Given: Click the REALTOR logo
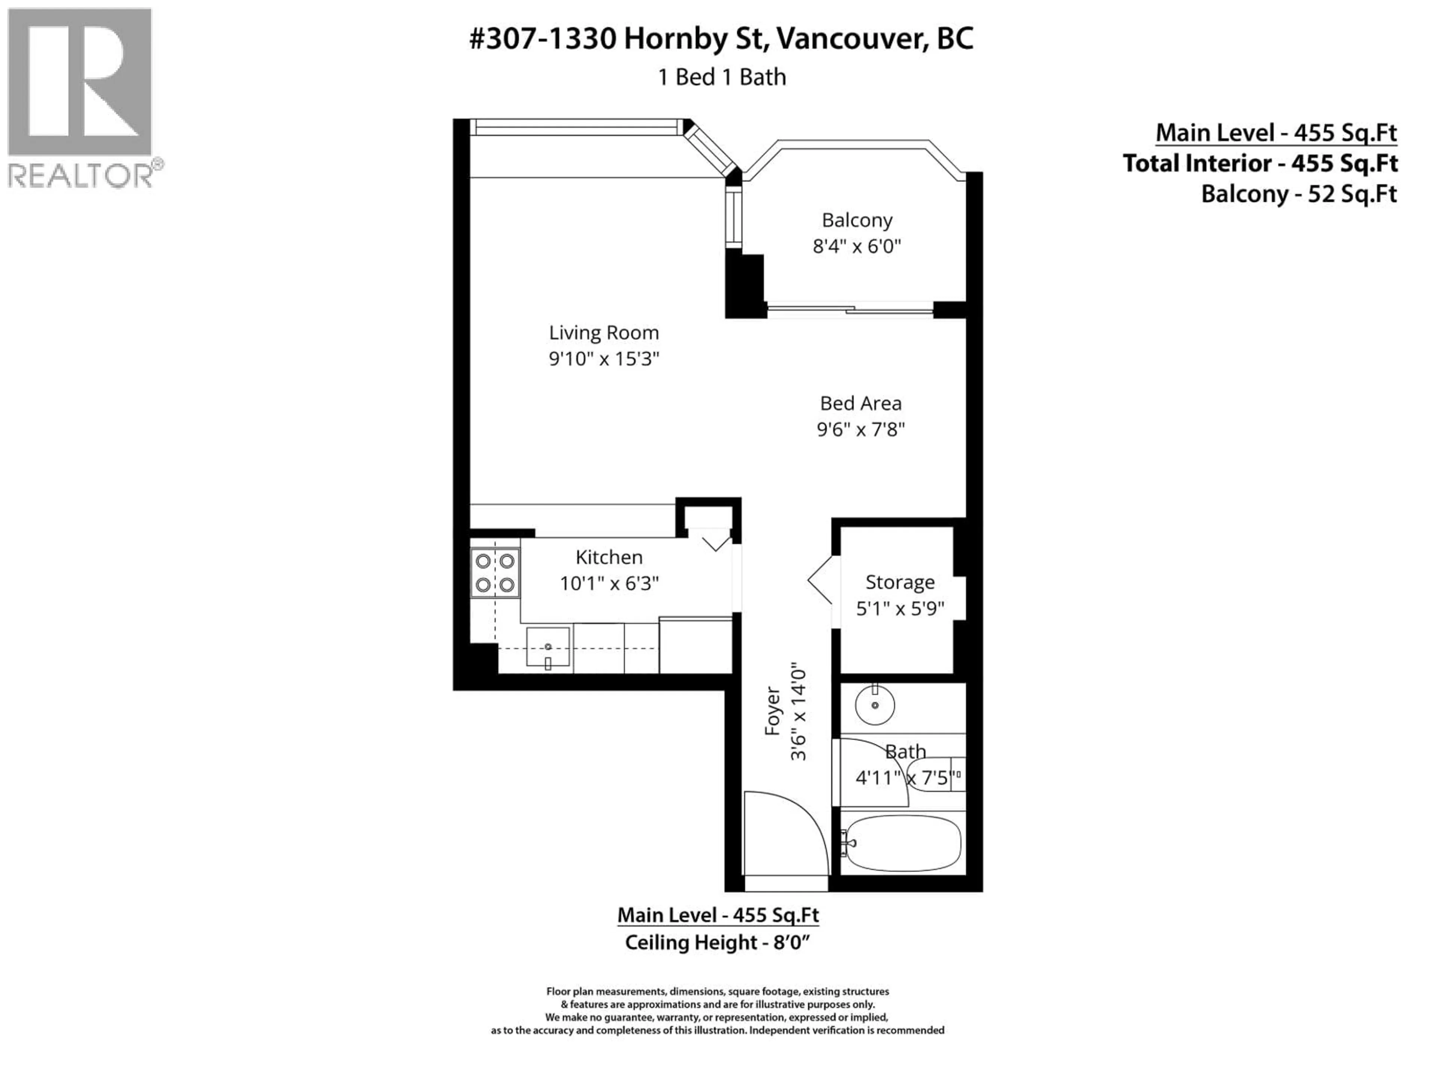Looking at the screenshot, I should tap(81, 97).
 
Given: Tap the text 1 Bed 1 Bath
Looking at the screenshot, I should tap(722, 77).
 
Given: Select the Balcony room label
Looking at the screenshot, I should tap(857, 220).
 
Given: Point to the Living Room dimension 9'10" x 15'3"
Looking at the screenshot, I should tap(604, 358).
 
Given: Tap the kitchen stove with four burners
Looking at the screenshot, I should tap(495, 573).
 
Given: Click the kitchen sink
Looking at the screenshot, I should tap(548, 647).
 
